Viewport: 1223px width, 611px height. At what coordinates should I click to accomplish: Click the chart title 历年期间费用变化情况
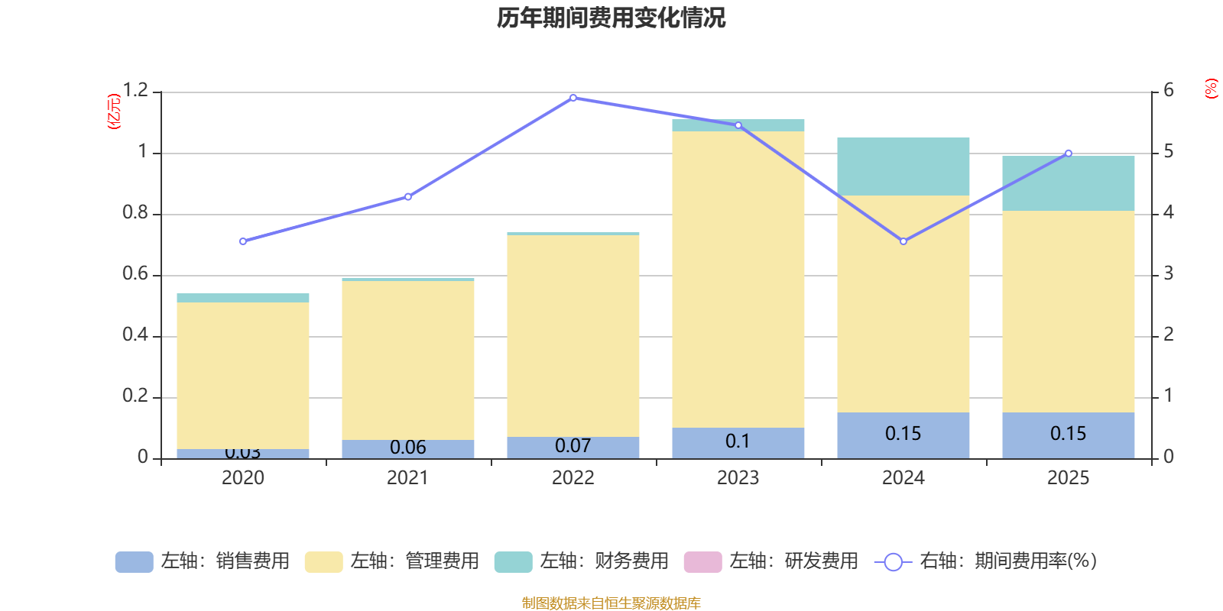pyautogui.click(x=611, y=18)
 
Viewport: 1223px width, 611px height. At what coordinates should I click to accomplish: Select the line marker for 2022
pyautogui.click(x=573, y=98)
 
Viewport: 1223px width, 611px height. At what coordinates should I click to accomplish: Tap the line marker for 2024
pyautogui.click(x=903, y=241)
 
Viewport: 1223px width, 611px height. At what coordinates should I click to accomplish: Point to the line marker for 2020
pyautogui.click(x=243, y=241)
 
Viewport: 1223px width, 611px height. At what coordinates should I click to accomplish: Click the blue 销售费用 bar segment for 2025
pyautogui.click(x=1069, y=435)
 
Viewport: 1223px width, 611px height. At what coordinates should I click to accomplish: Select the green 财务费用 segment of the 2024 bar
pyautogui.click(x=903, y=166)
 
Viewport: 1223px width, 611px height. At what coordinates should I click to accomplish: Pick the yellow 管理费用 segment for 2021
pyautogui.click(x=408, y=360)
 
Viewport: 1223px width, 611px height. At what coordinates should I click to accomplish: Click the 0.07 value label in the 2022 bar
pyautogui.click(x=573, y=446)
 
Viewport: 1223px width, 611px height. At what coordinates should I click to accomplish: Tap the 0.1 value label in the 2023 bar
pyautogui.click(x=738, y=441)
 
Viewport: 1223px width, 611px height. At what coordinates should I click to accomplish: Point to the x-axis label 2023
pyautogui.click(x=738, y=478)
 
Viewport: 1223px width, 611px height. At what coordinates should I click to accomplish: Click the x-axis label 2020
pyautogui.click(x=243, y=478)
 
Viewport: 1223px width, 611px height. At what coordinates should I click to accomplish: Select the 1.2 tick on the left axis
pyautogui.click(x=135, y=91)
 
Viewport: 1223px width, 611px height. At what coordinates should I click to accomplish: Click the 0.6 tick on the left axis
pyautogui.click(x=135, y=274)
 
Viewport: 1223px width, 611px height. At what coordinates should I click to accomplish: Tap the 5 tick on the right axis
pyautogui.click(x=1169, y=152)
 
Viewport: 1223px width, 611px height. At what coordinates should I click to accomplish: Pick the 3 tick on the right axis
pyautogui.click(x=1169, y=274)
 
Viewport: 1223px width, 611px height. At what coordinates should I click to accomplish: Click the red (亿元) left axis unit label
pyautogui.click(x=114, y=112)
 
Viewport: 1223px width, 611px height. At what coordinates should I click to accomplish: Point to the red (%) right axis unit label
pyautogui.click(x=1211, y=89)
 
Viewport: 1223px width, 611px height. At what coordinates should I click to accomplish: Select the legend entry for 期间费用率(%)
pyautogui.click(x=985, y=561)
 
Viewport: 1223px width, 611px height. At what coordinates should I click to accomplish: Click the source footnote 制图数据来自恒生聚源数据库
pyautogui.click(x=611, y=603)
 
